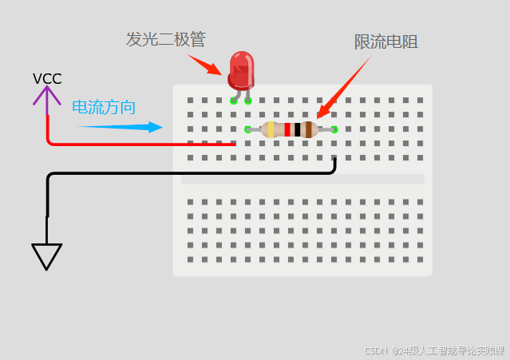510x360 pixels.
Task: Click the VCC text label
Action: (x=47, y=79)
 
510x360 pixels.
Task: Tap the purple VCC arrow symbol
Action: (x=46, y=98)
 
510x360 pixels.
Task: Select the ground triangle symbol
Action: (x=47, y=255)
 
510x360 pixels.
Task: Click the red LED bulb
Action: (x=241, y=69)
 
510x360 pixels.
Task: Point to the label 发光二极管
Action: (x=165, y=39)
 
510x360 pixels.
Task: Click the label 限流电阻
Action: (x=386, y=42)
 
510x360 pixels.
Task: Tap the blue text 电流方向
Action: (x=104, y=108)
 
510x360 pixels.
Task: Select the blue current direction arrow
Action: (x=120, y=127)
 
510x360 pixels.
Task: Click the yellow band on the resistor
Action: (x=271, y=129)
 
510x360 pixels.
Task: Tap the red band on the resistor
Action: (x=287, y=129)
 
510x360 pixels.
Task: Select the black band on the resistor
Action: (x=298, y=129)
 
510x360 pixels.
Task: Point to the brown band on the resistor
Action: (x=308, y=129)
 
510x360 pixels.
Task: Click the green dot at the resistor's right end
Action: (x=334, y=129)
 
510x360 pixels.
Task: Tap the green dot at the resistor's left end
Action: (x=247, y=129)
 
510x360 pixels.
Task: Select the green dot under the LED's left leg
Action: (x=233, y=101)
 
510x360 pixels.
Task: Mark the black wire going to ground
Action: (x=192, y=173)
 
